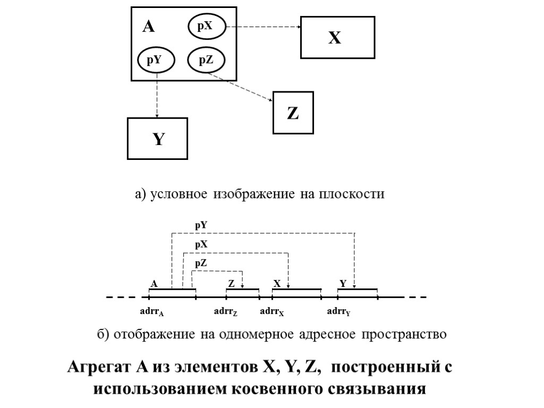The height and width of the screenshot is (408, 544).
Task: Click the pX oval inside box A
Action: click(x=206, y=26)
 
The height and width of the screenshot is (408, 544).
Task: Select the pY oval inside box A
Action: click(x=156, y=60)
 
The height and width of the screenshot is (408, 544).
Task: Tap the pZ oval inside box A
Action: click(x=206, y=60)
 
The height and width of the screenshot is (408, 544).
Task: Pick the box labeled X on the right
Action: click(x=337, y=37)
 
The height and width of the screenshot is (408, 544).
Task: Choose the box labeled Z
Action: click(x=293, y=113)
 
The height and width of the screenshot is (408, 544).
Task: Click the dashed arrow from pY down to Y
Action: click(x=157, y=96)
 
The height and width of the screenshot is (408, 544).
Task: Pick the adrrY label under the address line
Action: click(x=338, y=311)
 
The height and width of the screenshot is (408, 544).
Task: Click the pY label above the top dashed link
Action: click(x=201, y=225)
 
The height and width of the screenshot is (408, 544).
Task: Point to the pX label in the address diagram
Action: click(x=201, y=244)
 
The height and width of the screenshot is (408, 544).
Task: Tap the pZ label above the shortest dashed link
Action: click(x=201, y=263)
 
